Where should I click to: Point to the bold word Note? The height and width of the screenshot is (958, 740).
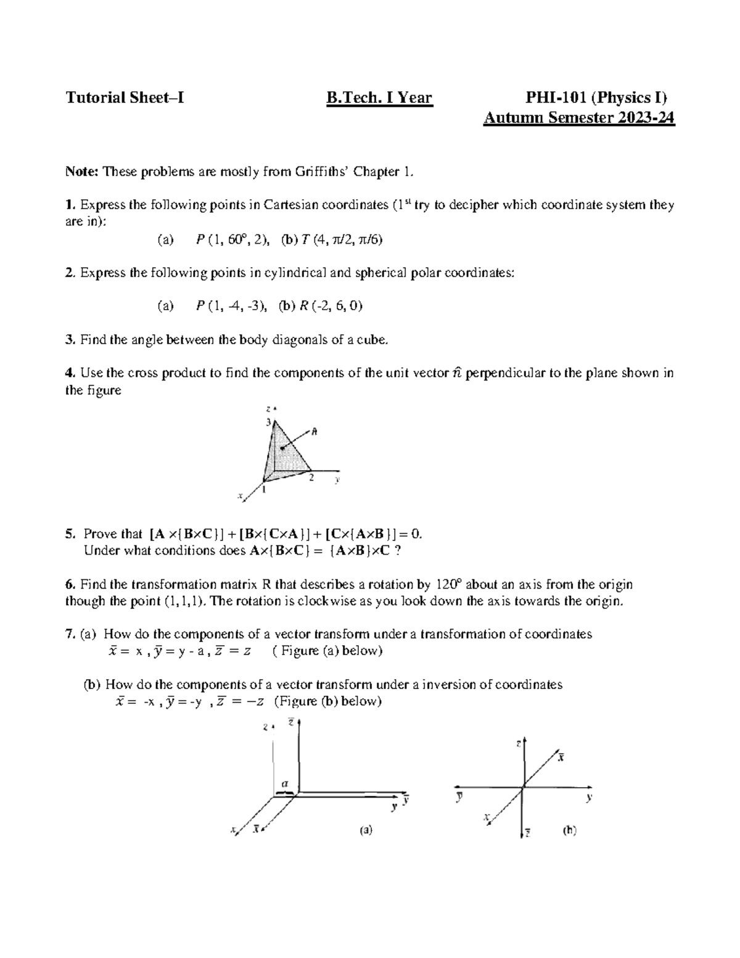point(82,171)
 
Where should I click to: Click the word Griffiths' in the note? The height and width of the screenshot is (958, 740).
point(331,171)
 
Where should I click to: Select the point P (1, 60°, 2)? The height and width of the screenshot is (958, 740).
point(232,239)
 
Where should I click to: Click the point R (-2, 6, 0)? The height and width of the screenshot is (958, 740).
point(330,306)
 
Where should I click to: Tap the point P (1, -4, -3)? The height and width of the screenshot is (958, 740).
point(231,306)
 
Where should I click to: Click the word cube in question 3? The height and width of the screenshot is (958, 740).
point(373,339)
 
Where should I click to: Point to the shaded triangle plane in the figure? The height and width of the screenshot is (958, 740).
point(284,450)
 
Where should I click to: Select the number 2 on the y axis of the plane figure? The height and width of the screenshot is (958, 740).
point(311,477)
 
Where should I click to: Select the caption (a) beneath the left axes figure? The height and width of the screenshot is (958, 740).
point(366,830)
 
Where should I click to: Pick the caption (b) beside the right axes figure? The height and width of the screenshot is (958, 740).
point(569,830)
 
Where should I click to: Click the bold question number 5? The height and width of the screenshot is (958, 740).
point(70,534)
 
